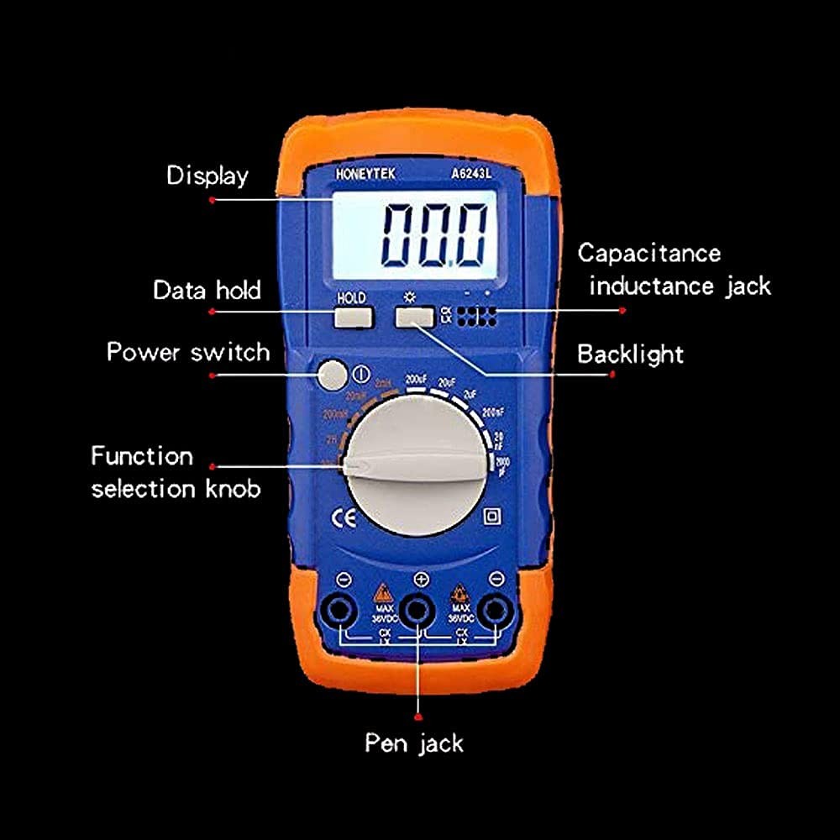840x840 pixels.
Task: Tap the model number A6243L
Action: (x=468, y=173)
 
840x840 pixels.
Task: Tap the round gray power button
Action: (x=333, y=375)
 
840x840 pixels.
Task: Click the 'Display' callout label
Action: (x=207, y=176)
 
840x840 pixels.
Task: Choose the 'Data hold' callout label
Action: (x=207, y=291)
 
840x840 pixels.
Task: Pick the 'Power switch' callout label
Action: (x=188, y=351)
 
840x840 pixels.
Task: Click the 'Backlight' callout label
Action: (x=630, y=354)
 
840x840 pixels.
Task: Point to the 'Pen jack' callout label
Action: (x=413, y=743)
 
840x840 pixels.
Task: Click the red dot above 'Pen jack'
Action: (x=417, y=717)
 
